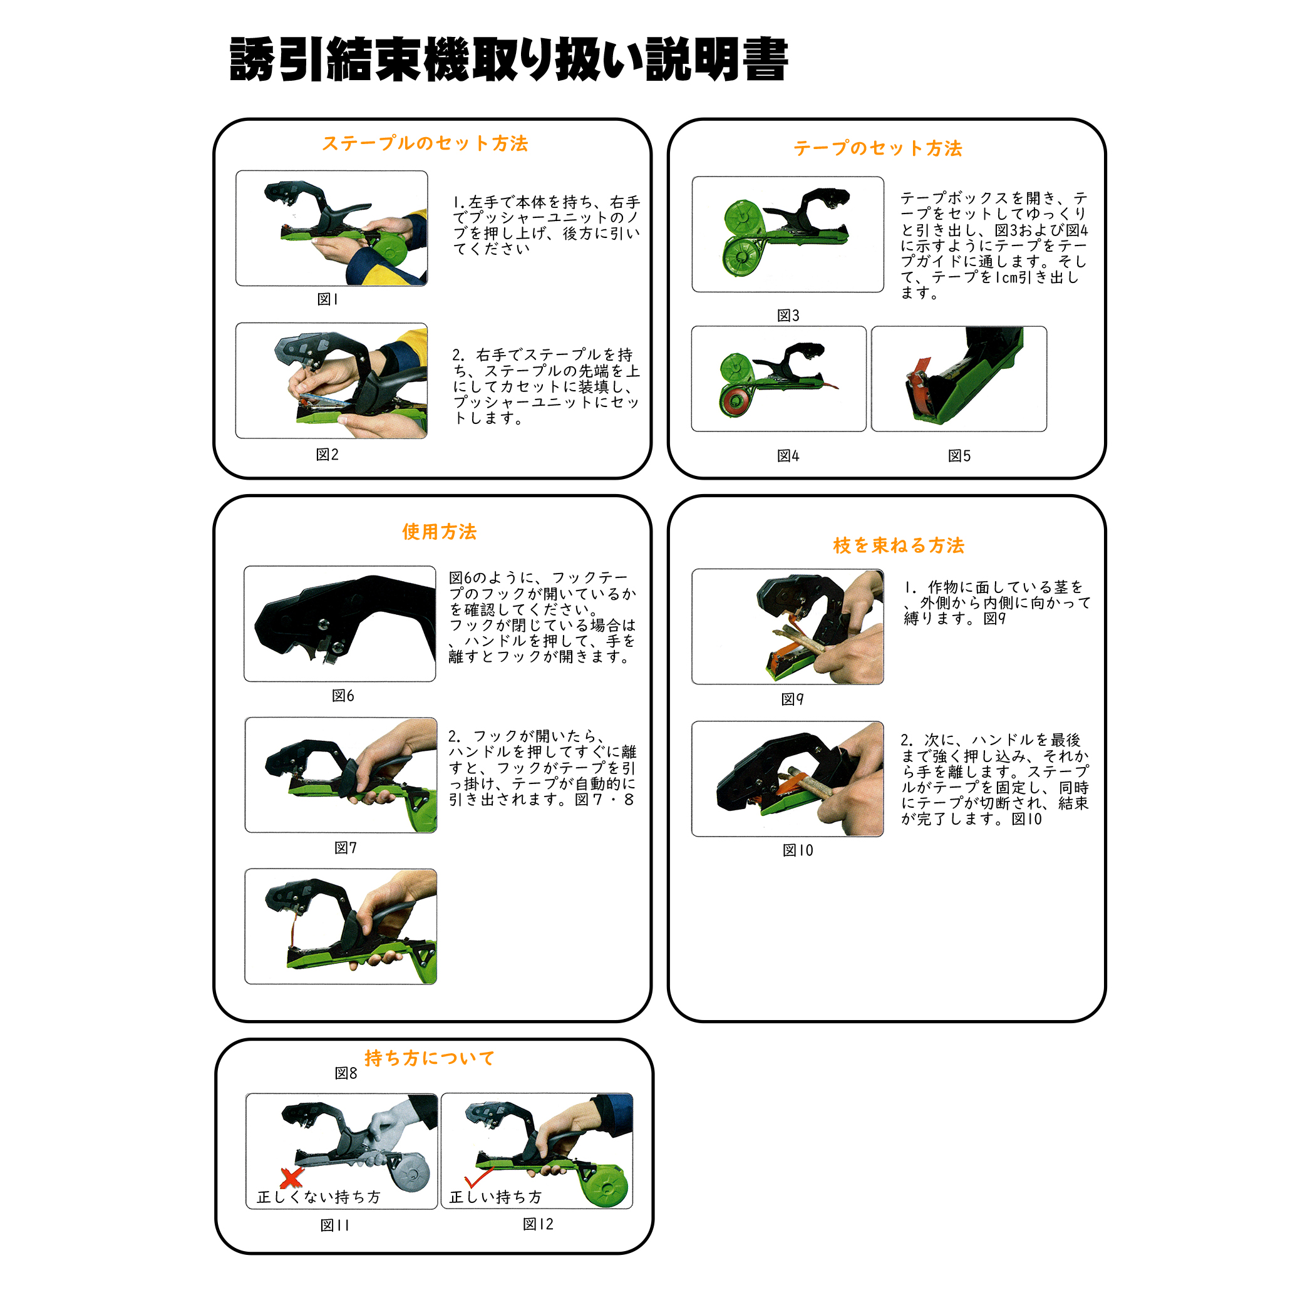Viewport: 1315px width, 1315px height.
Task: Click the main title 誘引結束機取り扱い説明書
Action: coord(508,59)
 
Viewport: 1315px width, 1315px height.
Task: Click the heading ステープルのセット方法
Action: coord(425,143)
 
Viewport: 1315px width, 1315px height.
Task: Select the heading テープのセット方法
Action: coord(877,148)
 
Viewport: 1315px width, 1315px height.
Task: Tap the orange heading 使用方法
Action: coord(439,532)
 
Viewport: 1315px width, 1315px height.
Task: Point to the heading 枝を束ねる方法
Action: coord(899,545)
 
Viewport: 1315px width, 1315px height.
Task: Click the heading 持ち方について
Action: coord(430,1058)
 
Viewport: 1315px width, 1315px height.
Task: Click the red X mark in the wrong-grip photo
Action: coord(292,1177)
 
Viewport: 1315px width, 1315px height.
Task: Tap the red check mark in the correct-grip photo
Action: coord(478,1177)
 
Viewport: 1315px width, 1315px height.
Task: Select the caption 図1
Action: coord(327,299)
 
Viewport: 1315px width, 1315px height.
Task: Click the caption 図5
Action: coord(959,456)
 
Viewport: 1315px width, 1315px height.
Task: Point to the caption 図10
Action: coord(798,850)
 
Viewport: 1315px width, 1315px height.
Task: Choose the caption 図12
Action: coord(538,1224)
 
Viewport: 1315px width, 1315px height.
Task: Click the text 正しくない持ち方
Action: coord(319,1197)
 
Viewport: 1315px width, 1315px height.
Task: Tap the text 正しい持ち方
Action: coord(495,1197)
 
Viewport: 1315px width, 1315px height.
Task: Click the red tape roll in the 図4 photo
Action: coord(736,401)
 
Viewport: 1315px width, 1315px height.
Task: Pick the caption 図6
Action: coord(343,696)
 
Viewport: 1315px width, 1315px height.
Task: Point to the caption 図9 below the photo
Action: coord(792,699)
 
